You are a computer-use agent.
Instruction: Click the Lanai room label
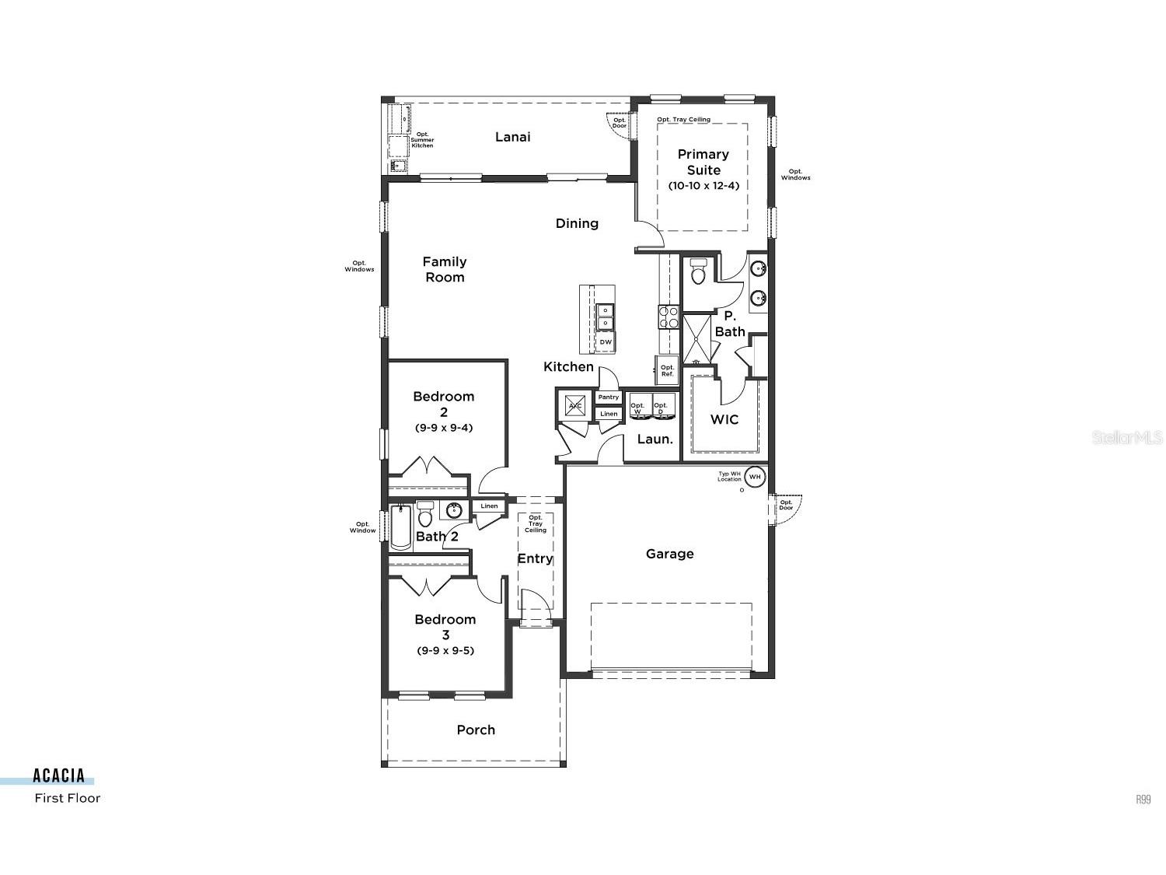click(x=513, y=137)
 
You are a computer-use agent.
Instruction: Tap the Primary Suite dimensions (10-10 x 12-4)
click(x=703, y=186)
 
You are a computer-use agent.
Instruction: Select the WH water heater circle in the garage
click(x=754, y=476)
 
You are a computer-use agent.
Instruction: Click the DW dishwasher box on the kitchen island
click(x=605, y=342)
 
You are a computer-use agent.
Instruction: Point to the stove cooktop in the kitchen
click(x=669, y=317)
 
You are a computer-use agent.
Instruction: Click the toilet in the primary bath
click(x=698, y=272)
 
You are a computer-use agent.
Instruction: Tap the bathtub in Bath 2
click(x=400, y=527)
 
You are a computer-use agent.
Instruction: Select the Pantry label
click(x=608, y=397)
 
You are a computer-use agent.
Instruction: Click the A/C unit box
click(x=575, y=406)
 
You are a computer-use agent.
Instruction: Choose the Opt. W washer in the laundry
click(x=639, y=408)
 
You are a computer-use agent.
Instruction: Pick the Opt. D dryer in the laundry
click(x=662, y=408)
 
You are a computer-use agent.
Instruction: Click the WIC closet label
click(x=724, y=420)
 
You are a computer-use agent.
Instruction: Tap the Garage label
click(x=669, y=554)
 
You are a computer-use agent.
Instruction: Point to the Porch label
click(x=476, y=730)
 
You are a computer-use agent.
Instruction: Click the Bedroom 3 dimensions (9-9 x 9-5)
click(x=445, y=650)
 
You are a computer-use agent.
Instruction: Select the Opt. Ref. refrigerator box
click(x=667, y=370)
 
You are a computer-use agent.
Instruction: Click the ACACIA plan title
click(x=58, y=775)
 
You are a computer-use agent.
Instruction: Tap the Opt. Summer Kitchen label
click(x=422, y=140)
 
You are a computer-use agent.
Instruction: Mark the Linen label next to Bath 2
click(x=489, y=506)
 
